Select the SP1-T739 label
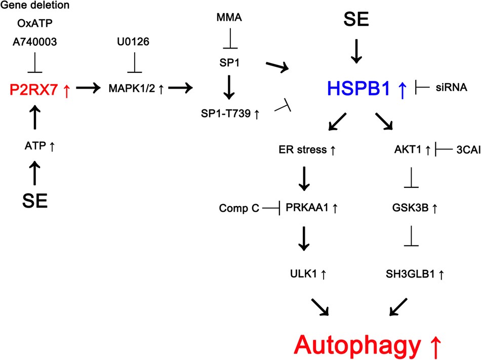point(227,114)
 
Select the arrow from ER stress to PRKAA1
point(303,178)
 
